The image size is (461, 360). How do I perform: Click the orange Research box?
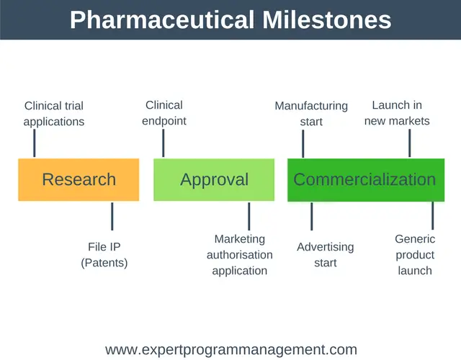pyautogui.click(x=79, y=179)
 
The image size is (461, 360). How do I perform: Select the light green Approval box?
pyautogui.click(x=214, y=179)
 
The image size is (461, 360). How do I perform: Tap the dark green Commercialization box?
pyautogui.click(x=366, y=180)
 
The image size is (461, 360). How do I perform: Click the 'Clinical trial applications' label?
pyautogui.click(x=54, y=114)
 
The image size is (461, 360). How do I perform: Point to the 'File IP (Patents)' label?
pyautogui.click(x=104, y=254)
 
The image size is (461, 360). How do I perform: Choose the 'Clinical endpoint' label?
pyautogui.click(x=164, y=113)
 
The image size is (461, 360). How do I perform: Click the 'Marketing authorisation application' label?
pyautogui.click(x=240, y=254)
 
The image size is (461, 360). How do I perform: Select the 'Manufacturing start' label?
pyautogui.click(x=311, y=114)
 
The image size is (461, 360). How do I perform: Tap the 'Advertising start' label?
pyautogui.click(x=326, y=254)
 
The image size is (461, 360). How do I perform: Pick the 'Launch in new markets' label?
pyautogui.click(x=397, y=113)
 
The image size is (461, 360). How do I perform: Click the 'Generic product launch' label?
pyautogui.click(x=415, y=254)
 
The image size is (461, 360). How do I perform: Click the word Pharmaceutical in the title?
pyautogui.click(x=162, y=19)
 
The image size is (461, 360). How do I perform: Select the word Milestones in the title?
pyautogui.click(x=326, y=19)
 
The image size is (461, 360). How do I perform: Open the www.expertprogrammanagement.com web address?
pyautogui.click(x=231, y=350)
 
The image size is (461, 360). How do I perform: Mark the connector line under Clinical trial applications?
pyautogui.click(x=35, y=143)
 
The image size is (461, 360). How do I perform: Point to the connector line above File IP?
pyautogui.click(x=112, y=216)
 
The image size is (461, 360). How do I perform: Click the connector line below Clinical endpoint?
pyautogui.click(x=164, y=143)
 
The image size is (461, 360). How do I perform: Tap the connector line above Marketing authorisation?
pyautogui.click(x=249, y=216)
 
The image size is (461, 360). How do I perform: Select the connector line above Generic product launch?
pyautogui.click(x=433, y=215)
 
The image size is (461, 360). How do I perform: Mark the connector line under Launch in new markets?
pyautogui.click(x=410, y=143)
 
